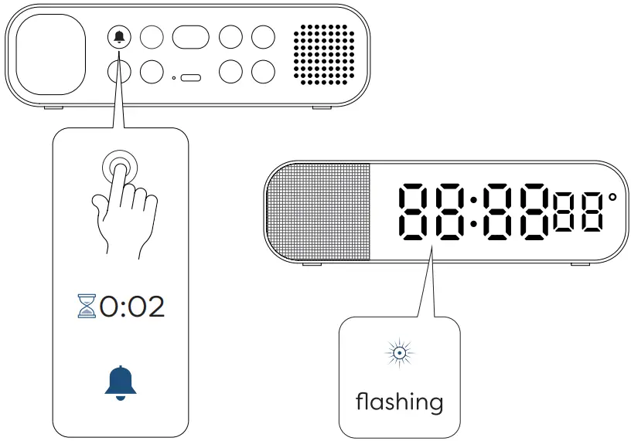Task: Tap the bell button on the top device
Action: click(119, 37)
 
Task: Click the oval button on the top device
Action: click(190, 37)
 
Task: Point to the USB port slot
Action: click(191, 77)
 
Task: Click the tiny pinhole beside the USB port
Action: click(173, 77)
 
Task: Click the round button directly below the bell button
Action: click(119, 71)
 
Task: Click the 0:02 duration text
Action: click(132, 307)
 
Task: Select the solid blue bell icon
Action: click(120, 382)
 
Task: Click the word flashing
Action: click(399, 402)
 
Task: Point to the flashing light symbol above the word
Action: click(400, 354)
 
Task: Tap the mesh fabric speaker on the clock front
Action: click(319, 212)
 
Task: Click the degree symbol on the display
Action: click(612, 198)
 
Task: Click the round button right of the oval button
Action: click(230, 37)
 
